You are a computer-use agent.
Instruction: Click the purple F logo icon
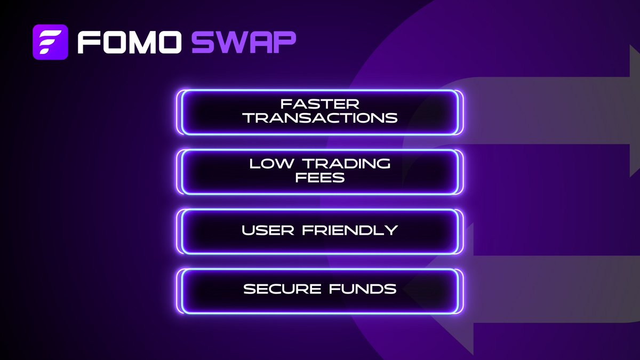pos(50,41)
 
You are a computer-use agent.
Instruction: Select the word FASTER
pos(320,103)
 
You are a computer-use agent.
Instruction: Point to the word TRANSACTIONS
pos(320,117)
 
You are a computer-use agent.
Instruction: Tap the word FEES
pos(320,178)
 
